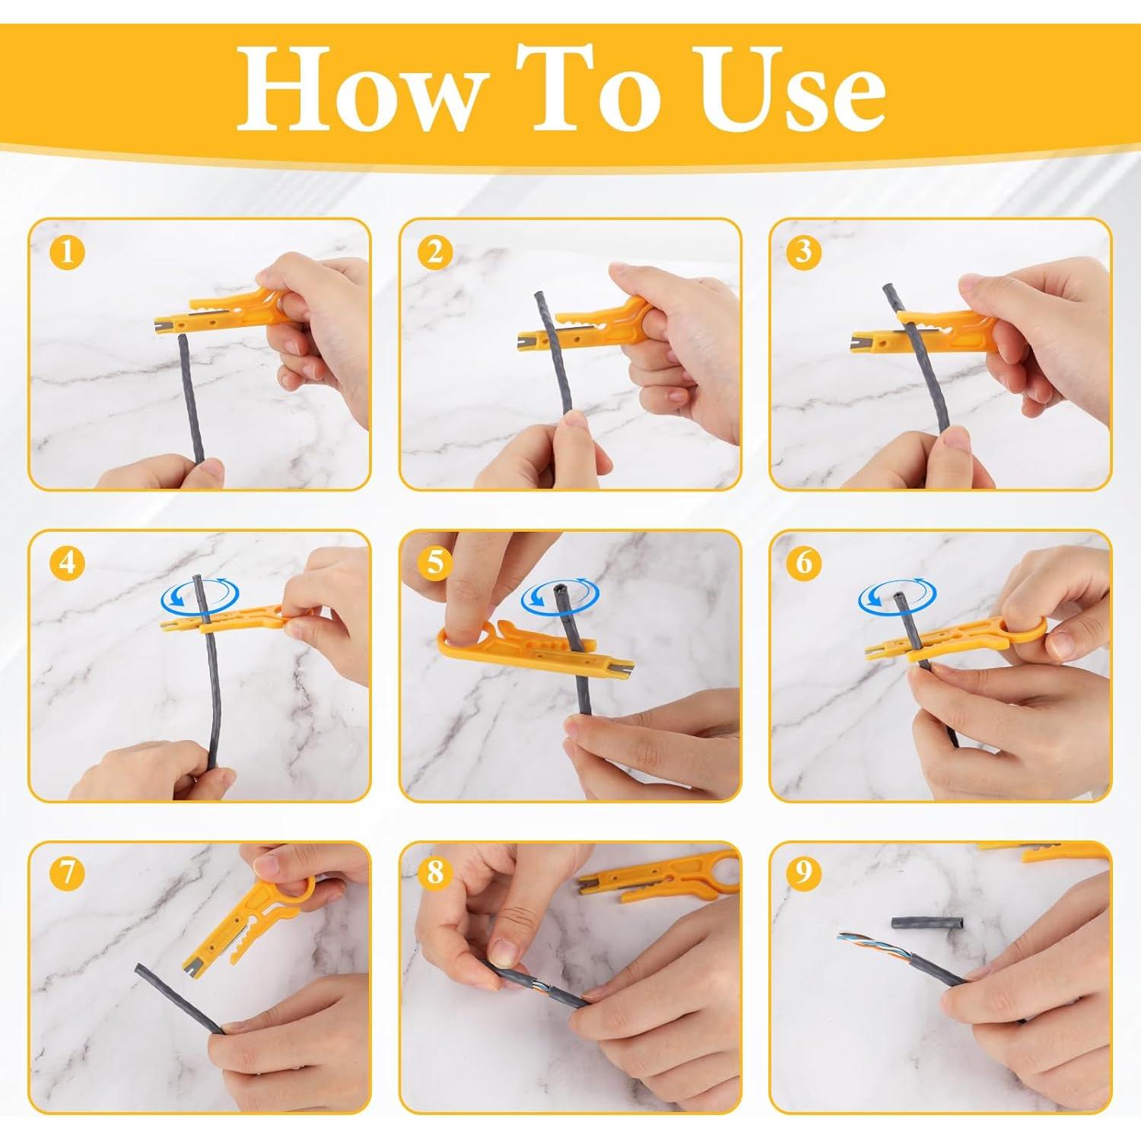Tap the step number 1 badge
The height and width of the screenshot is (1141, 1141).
(x=67, y=252)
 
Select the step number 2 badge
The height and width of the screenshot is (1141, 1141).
(x=434, y=252)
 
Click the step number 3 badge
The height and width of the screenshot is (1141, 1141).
(x=804, y=252)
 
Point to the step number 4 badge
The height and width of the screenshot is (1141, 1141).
(x=67, y=563)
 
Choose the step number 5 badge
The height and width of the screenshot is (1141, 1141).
(x=434, y=564)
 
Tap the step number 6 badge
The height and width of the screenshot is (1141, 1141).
(x=804, y=563)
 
